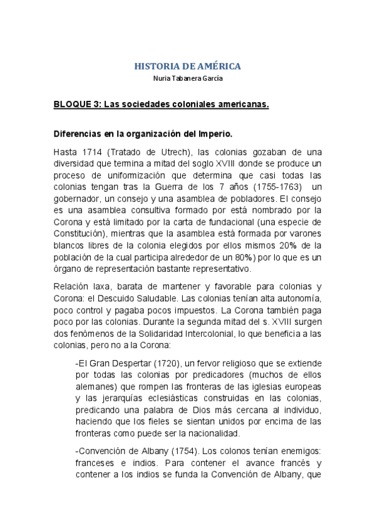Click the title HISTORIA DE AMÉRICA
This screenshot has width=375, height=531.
187,66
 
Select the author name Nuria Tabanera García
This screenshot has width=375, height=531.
187,78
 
